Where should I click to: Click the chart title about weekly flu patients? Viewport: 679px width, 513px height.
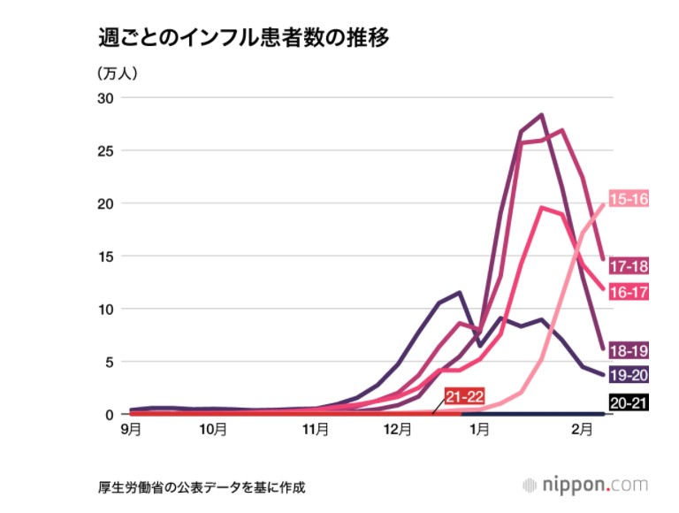tap(243, 40)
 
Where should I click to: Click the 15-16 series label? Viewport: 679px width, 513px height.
tap(629, 200)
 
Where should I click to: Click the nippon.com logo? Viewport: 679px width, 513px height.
tap(584, 486)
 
